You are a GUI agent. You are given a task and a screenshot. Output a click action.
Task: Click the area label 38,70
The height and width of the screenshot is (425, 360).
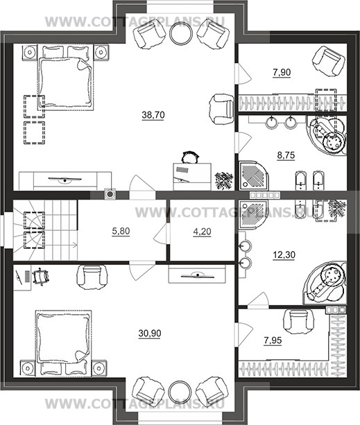click(153, 115)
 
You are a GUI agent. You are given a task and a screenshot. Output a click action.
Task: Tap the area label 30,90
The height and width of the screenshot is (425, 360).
click(150, 333)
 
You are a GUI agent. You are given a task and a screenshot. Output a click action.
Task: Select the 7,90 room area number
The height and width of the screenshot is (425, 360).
click(282, 72)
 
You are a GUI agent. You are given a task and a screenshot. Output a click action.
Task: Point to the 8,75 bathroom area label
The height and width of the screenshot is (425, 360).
click(286, 155)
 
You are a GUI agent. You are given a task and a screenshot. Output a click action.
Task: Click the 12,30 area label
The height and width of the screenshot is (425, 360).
click(284, 254)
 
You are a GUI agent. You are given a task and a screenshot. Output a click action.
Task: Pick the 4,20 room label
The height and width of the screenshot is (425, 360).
click(203, 232)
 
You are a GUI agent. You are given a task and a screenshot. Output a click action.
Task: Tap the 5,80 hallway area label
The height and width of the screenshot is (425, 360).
click(121, 231)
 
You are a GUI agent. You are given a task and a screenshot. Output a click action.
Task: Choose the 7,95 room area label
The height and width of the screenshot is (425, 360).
click(273, 340)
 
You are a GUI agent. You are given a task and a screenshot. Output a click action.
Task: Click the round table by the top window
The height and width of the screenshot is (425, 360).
click(181, 33)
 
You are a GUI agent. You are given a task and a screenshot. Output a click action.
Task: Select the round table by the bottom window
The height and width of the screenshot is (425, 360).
click(180, 392)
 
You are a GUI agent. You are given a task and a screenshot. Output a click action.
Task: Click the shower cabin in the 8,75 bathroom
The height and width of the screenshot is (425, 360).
click(252, 175)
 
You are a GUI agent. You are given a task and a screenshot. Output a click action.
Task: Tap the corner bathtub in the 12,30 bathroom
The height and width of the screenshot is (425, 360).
click(325, 283)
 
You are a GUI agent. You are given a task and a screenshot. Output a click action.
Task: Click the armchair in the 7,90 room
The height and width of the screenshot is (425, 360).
click(328, 62)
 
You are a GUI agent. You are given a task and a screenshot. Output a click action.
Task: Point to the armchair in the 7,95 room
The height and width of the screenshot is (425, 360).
click(298, 322)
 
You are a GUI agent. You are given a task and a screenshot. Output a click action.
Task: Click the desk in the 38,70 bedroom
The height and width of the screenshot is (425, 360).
click(192, 176)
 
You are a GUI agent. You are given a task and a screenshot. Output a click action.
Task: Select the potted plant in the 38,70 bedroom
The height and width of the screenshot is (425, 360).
click(224, 180)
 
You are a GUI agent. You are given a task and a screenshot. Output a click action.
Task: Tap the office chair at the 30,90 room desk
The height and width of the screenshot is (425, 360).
click(41, 277)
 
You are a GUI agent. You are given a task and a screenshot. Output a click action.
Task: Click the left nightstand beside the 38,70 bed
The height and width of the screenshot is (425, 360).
click(29, 52)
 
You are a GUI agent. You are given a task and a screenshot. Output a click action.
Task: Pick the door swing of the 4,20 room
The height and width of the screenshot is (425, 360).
click(161, 235)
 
